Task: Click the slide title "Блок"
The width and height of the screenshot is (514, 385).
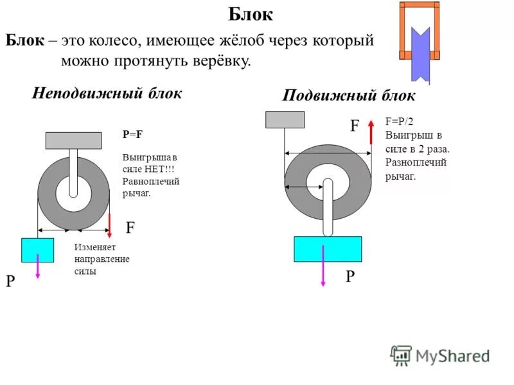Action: pyautogui.click(x=251, y=15)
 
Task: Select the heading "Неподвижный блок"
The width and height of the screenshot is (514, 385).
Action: pyautogui.click(x=107, y=92)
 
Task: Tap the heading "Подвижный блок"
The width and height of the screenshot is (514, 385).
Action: pyautogui.click(x=349, y=96)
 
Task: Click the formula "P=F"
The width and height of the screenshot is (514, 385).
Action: pyautogui.click(x=132, y=135)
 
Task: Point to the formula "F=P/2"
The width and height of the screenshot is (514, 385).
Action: pyautogui.click(x=399, y=121)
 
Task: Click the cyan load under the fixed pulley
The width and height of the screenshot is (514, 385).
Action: pyautogui.click(x=37, y=250)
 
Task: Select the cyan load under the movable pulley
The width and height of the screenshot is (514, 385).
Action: pyautogui.click(x=328, y=249)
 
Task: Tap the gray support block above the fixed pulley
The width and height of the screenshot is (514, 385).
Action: pyautogui.click(x=73, y=140)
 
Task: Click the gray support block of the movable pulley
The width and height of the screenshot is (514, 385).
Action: pyautogui.click(x=285, y=119)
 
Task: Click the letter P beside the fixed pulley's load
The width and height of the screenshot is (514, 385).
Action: pyautogui.click(x=10, y=282)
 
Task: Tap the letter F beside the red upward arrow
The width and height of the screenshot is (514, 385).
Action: pyautogui.click(x=354, y=126)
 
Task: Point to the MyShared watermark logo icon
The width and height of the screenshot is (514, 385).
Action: pyautogui.click(x=401, y=355)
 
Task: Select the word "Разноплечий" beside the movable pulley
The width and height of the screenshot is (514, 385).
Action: pyautogui.click(x=416, y=162)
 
